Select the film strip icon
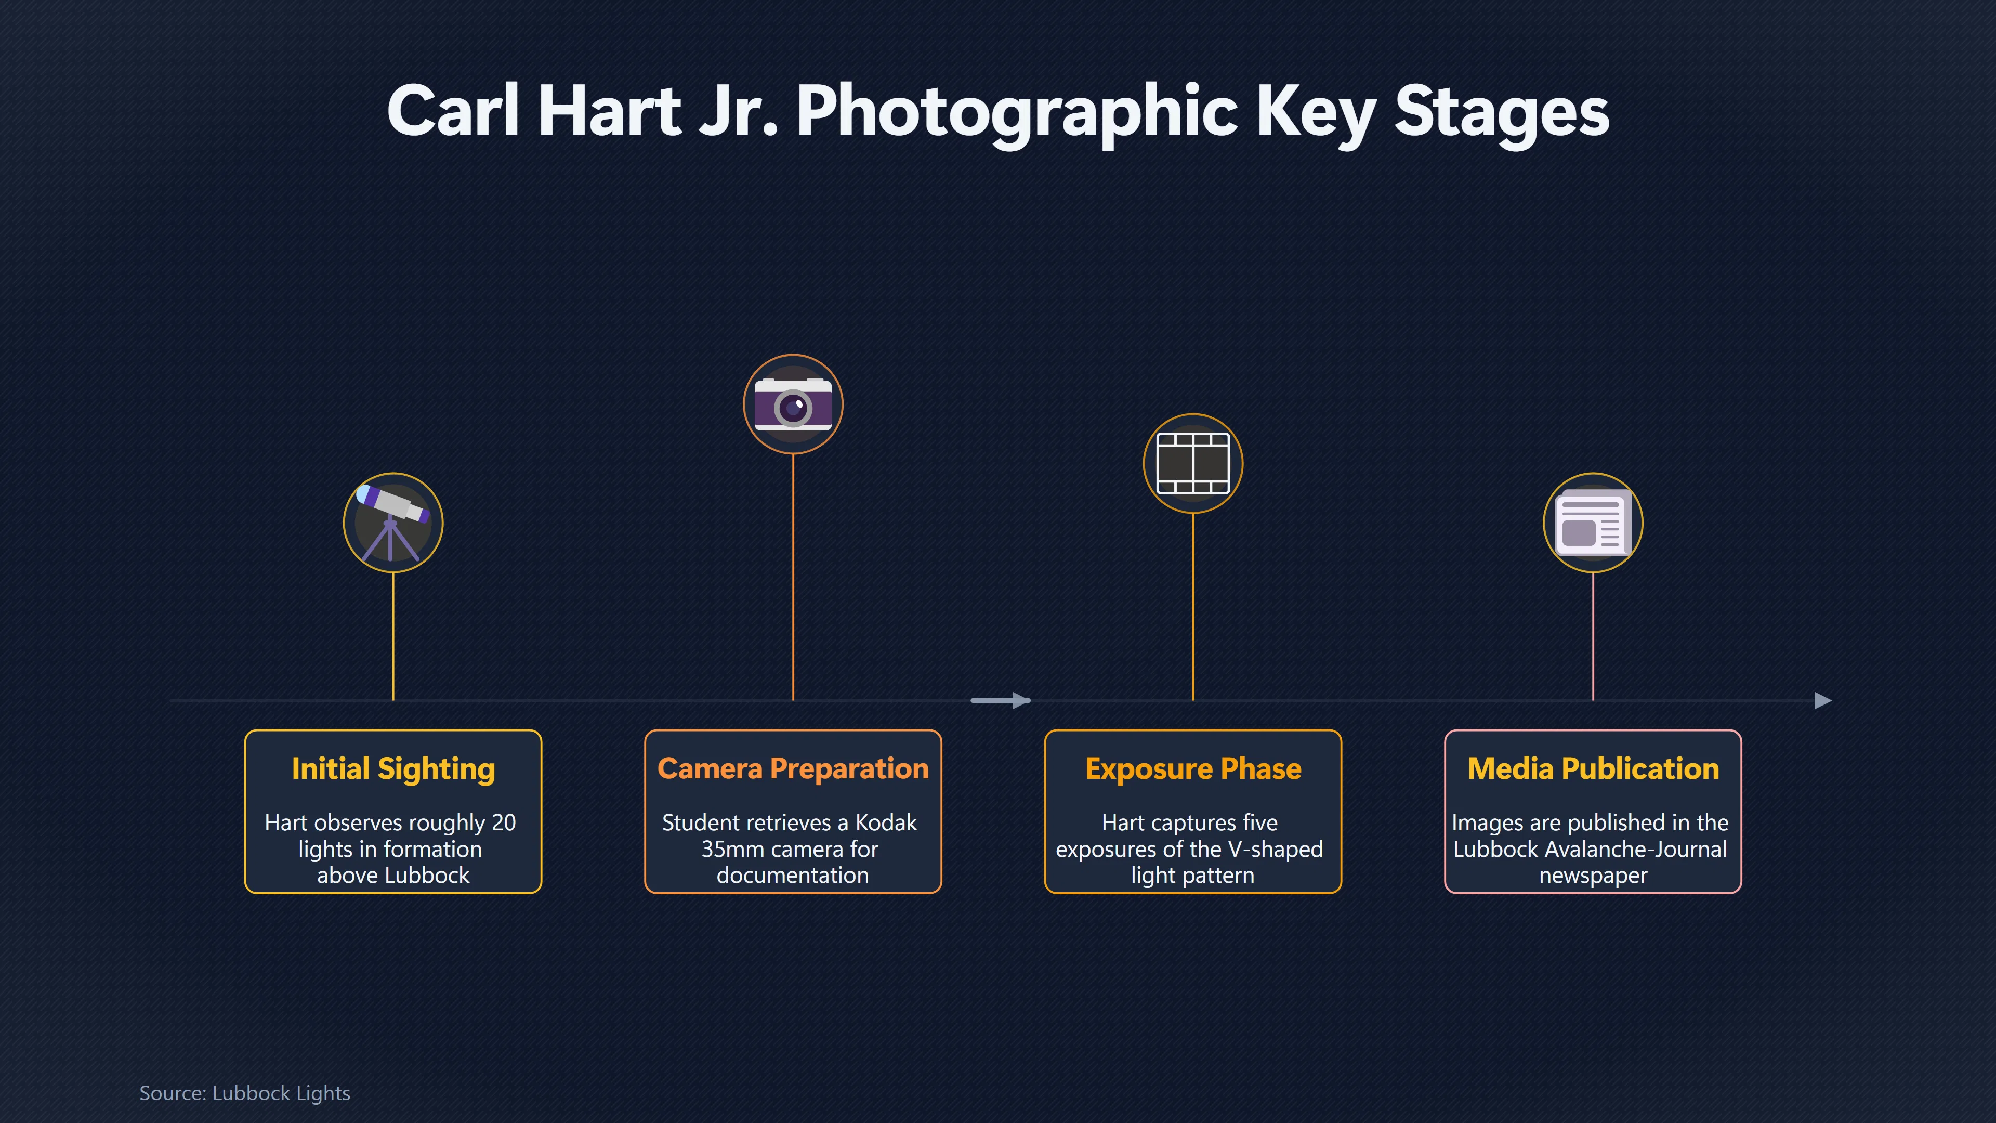tap(1192, 463)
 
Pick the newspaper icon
tap(1593, 523)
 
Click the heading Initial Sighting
tap(393, 769)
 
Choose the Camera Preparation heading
tap(793, 769)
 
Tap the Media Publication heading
tap(1593, 769)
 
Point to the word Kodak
tap(886, 822)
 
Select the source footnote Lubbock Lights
tap(281, 1093)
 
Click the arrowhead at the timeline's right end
tap(1823, 701)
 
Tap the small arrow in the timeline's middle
tap(1000, 701)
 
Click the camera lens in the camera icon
tap(793, 408)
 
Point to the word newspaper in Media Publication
tap(1593, 876)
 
